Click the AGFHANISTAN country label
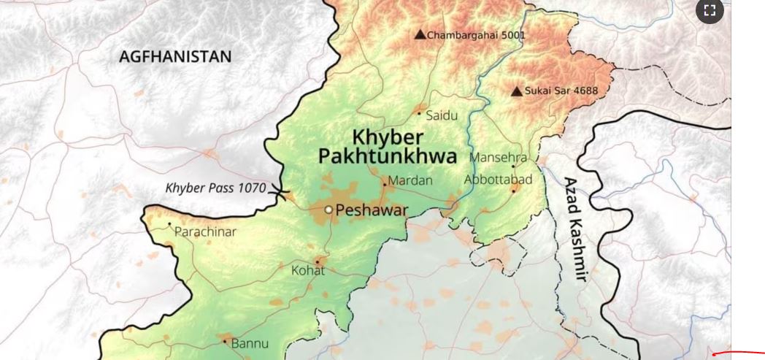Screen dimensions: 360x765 pyautogui.click(x=175, y=56)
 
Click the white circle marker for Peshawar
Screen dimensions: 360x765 pyautogui.click(x=328, y=210)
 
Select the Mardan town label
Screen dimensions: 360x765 pyautogui.click(x=410, y=180)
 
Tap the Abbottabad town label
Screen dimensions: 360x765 pyautogui.click(x=498, y=180)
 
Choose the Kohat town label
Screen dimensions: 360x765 pyautogui.click(x=308, y=271)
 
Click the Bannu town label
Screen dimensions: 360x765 pyautogui.click(x=250, y=342)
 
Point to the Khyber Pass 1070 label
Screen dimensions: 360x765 pyautogui.click(x=215, y=188)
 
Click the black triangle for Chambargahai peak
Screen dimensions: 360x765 pyautogui.click(x=420, y=34)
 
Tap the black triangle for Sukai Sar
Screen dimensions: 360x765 pyautogui.click(x=517, y=91)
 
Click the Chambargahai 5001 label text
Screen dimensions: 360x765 pyautogui.click(x=476, y=35)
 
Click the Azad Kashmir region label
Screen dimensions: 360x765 pyautogui.click(x=575, y=229)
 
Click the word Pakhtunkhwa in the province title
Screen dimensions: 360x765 pyautogui.click(x=387, y=156)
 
